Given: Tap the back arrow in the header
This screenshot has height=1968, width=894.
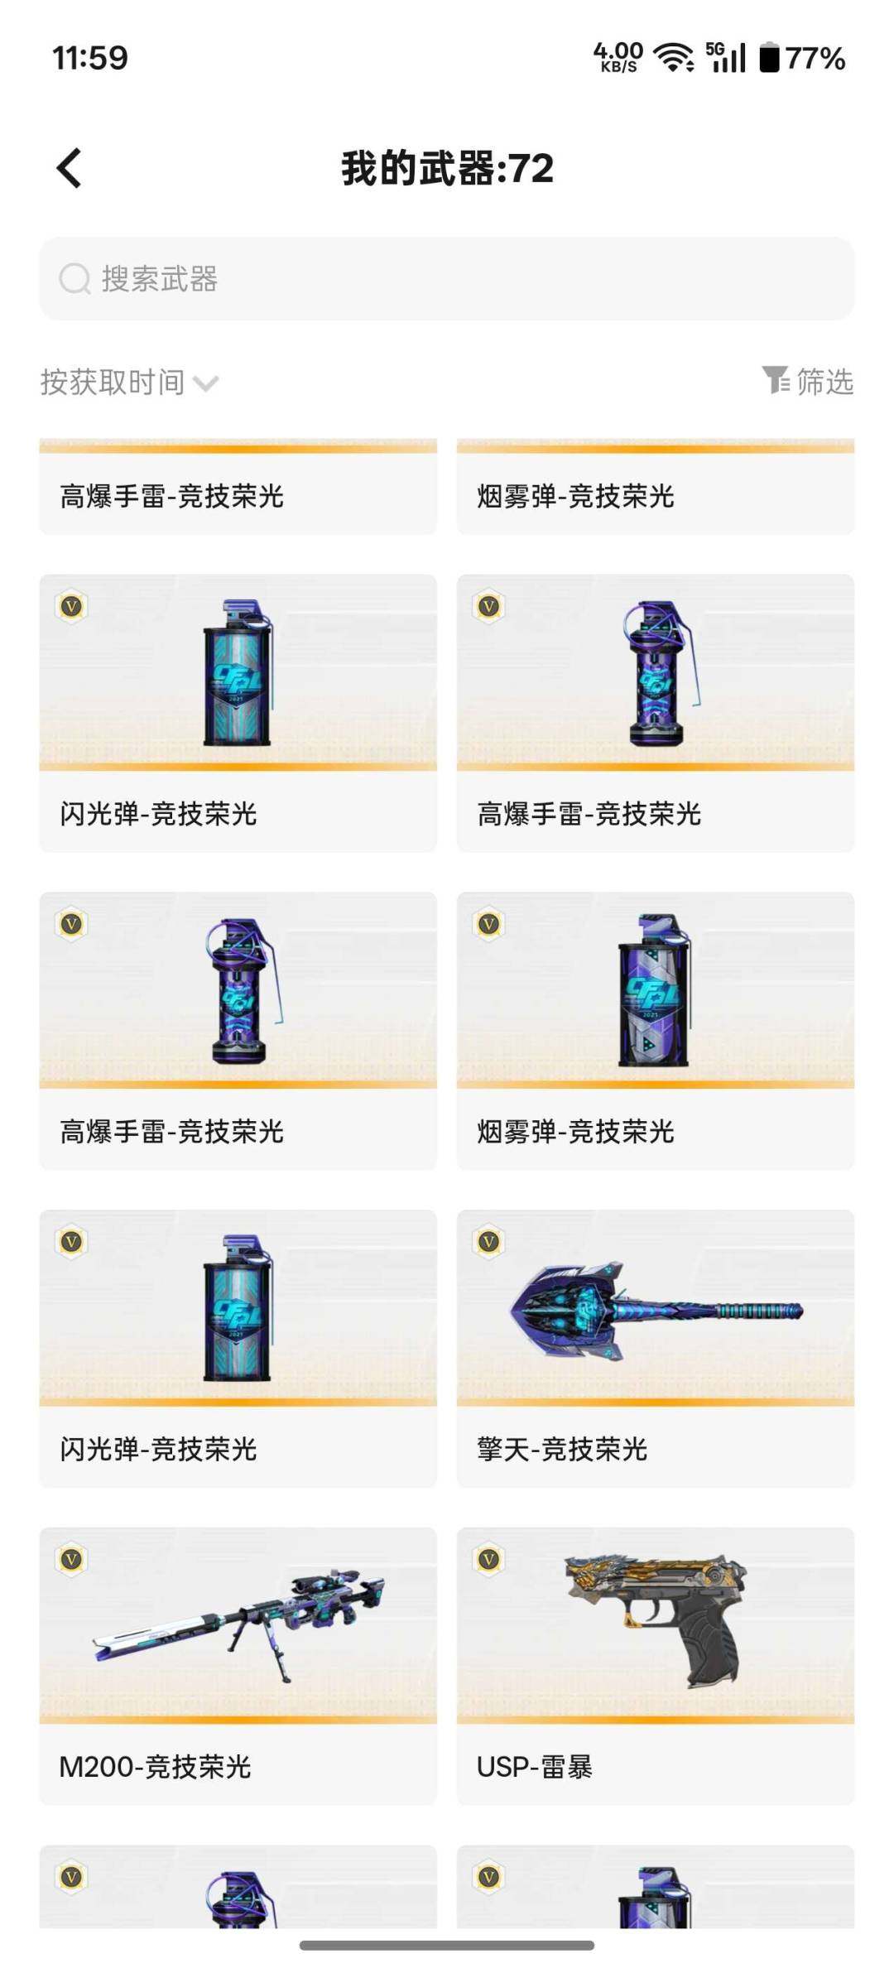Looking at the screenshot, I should (70, 168).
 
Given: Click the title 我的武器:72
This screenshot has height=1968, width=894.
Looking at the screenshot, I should (447, 168).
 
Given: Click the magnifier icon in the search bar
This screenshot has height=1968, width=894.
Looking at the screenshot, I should (74, 279).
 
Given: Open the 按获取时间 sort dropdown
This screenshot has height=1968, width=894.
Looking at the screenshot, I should (128, 383).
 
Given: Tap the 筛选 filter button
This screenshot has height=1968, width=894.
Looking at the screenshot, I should (808, 382).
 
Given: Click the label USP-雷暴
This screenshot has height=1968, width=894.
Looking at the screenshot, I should (535, 1766).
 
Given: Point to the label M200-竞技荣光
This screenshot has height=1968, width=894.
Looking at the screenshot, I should (155, 1766).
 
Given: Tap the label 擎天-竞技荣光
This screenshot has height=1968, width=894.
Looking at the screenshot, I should (562, 1449).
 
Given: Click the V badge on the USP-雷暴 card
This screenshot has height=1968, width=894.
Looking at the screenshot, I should (488, 1560).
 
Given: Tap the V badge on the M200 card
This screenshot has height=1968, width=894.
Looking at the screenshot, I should (71, 1560).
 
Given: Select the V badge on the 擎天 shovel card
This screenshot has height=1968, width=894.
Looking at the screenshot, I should (488, 1242).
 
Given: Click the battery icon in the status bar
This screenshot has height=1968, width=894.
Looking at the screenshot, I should (769, 58).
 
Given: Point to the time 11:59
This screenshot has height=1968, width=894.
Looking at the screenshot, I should (89, 58).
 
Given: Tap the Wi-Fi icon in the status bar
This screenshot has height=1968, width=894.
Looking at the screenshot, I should (674, 58).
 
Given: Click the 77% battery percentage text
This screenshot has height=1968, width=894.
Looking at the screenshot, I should (815, 58).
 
